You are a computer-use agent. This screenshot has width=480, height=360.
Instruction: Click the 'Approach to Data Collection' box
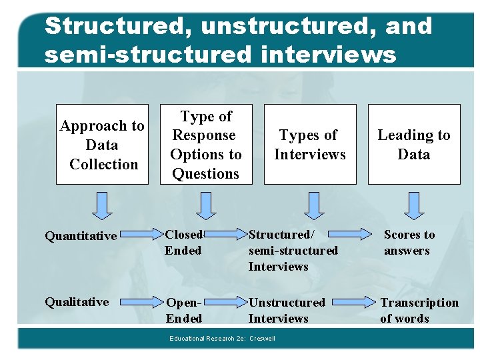102,144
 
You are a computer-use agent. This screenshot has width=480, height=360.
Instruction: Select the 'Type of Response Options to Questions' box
206,144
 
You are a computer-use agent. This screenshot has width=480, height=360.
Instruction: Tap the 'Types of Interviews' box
310,144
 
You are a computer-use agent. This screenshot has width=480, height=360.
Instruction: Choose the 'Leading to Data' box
414,144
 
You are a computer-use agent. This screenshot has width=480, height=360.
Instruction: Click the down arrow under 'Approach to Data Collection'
102,205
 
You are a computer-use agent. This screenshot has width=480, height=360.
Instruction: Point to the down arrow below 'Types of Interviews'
310,205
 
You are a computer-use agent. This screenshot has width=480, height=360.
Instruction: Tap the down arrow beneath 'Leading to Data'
414,205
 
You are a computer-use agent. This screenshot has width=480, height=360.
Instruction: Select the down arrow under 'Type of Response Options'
206,205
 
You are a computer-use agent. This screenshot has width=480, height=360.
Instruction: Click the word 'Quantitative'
81,235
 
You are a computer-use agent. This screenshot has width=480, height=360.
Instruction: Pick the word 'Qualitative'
77,302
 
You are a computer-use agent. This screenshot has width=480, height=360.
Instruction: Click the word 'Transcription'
419,303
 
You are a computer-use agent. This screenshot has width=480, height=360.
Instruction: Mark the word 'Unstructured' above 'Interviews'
287,303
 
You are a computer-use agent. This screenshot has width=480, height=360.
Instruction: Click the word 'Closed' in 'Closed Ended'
183,235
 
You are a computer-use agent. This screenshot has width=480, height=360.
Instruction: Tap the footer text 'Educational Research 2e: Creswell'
222,339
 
